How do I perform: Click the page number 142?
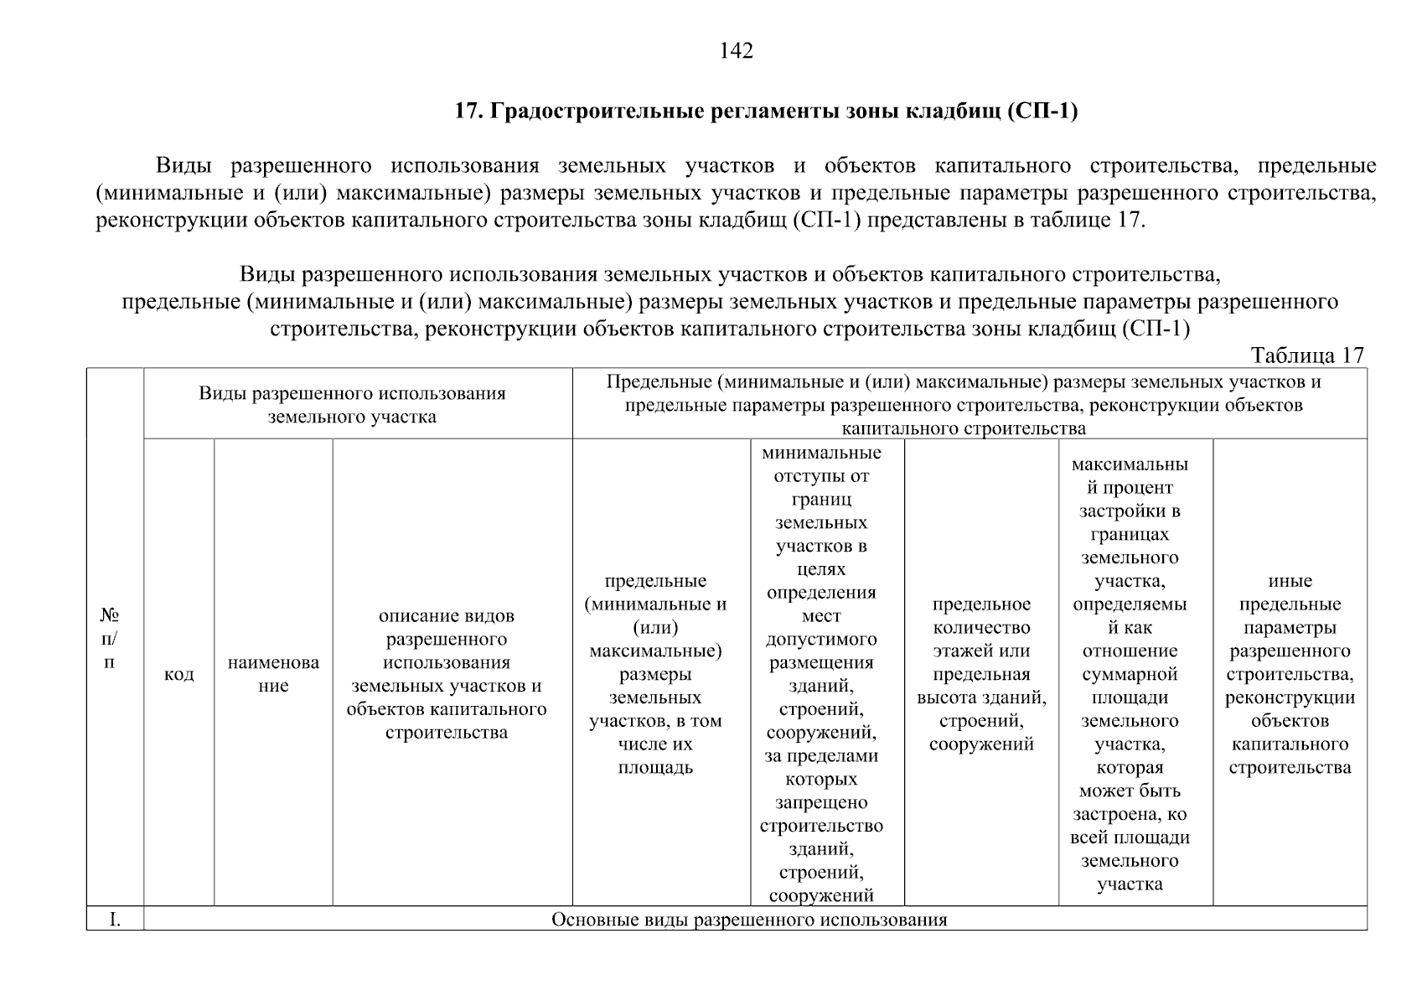coord(737,52)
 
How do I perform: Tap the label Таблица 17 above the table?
coord(1307,355)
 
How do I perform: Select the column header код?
coord(178,674)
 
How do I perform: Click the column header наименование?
coord(273,674)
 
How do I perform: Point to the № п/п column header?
coord(109,639)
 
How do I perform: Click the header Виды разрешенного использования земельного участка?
coord(352,405)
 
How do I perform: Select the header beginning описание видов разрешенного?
coord(446,674)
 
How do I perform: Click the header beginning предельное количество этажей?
coord(981,674)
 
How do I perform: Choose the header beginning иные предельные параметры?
coord(1290,674)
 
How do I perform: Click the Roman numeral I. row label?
coord(115,920)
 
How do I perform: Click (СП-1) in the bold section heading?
coord(1040,111)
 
